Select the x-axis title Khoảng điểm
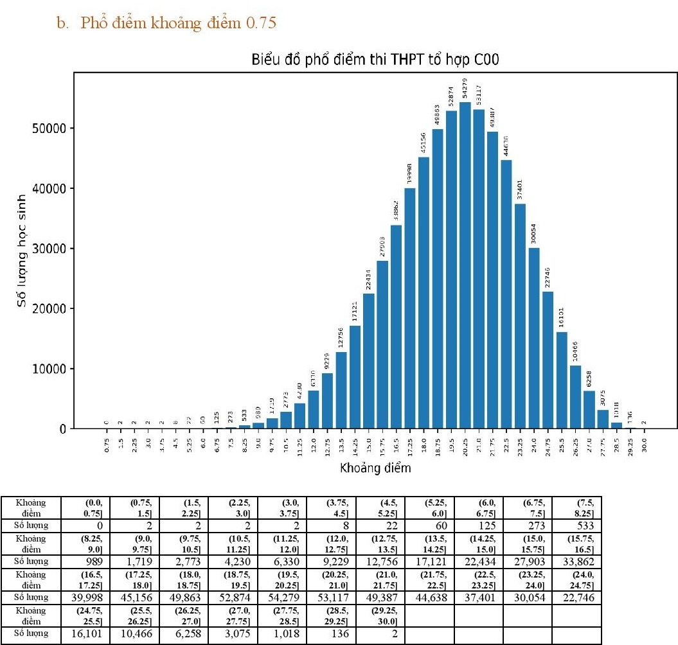[375, 468]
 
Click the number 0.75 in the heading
[262, 24]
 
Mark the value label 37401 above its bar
[520, 191]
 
